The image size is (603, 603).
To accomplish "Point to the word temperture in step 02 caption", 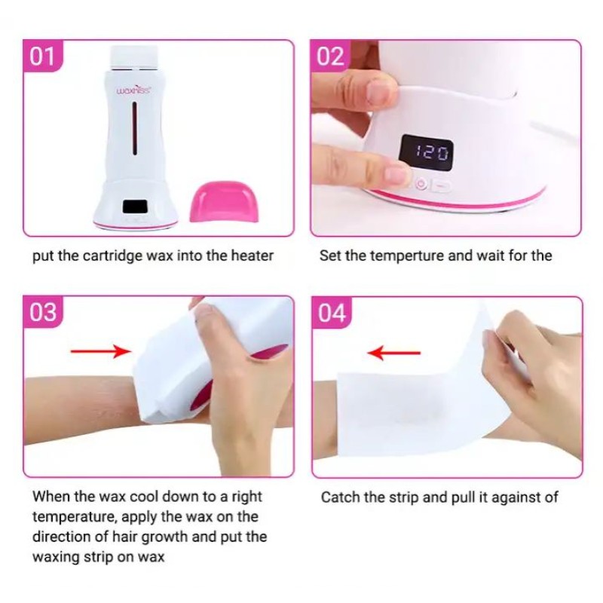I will tap(406, 256).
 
